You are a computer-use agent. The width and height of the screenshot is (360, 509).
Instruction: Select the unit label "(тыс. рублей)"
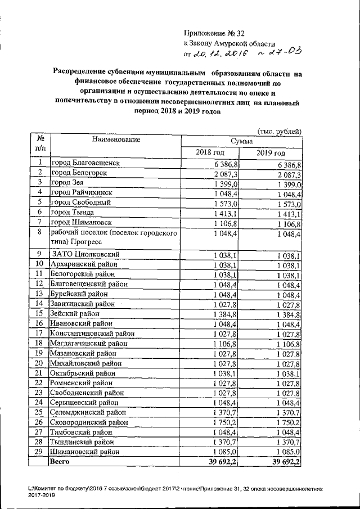tap(279, 131)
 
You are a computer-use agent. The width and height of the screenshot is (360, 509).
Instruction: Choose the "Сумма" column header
tap(241, 141)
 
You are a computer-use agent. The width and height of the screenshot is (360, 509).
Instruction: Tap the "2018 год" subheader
tap(210, 152)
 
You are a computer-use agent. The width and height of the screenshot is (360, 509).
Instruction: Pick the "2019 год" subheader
tap(271, 153)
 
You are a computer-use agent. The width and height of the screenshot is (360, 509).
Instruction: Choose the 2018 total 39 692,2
tap(224, 462)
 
